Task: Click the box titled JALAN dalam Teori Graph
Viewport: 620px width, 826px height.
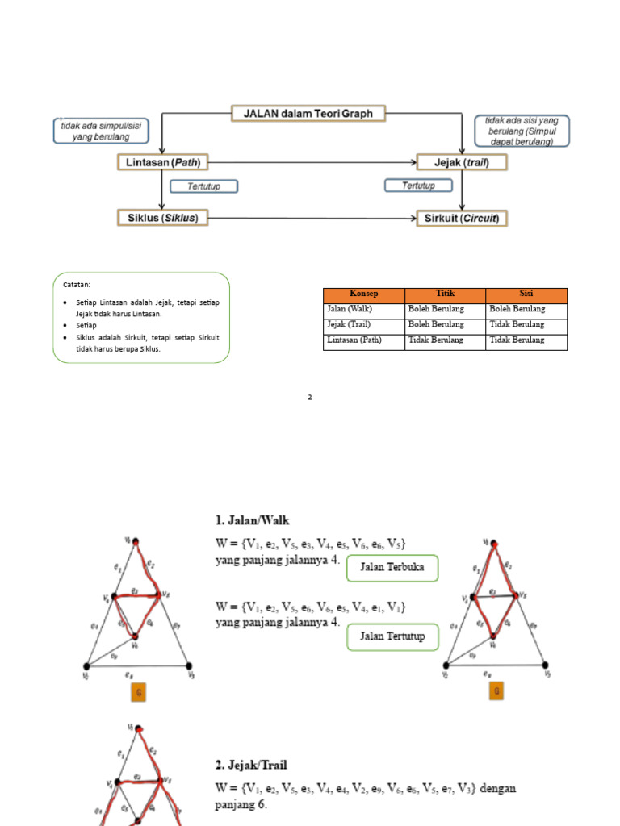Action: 308,114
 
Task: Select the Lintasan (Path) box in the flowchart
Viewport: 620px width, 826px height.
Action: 162,162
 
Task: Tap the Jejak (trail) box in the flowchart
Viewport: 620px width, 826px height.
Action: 462,162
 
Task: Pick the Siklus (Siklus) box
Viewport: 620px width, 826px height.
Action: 162,218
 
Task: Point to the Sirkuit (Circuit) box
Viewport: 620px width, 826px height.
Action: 462,218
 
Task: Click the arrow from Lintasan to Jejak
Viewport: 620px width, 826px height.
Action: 311,162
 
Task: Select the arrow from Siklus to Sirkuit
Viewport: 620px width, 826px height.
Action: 311,218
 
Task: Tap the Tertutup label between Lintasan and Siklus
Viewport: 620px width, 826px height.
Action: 205,186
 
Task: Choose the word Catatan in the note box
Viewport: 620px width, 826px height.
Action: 77,284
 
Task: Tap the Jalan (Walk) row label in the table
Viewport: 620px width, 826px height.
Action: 350,310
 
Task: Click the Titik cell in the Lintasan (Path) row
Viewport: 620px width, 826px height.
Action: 436,340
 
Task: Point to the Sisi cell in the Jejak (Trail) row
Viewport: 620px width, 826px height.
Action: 517,325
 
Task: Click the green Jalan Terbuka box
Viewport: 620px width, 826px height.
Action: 392,569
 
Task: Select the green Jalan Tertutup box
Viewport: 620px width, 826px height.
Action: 392,638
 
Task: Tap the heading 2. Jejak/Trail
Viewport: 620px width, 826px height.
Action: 251,764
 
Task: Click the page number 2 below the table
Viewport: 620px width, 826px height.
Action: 309,398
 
